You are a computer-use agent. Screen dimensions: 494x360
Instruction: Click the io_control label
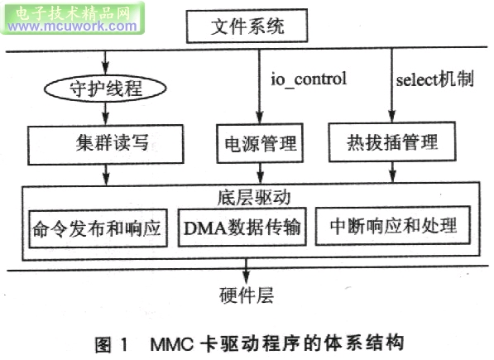click(309, 79)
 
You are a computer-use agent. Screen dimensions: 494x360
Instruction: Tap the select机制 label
click(434, 79)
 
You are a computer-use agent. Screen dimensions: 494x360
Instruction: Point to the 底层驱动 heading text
click(253, 198)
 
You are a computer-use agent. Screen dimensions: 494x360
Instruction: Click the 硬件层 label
click(247, 295)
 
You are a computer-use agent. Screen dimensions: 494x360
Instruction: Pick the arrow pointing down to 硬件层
click(246, 271)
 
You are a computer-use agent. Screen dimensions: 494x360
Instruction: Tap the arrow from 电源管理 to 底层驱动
click(260, 173)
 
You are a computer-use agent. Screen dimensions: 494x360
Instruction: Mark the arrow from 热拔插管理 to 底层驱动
click(392, 172)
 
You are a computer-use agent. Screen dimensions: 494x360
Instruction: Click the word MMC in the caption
click(172, 344)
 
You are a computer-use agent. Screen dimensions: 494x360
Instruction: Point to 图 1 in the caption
click(112, 344)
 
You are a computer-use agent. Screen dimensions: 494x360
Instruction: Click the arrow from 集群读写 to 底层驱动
click(106, 175)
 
